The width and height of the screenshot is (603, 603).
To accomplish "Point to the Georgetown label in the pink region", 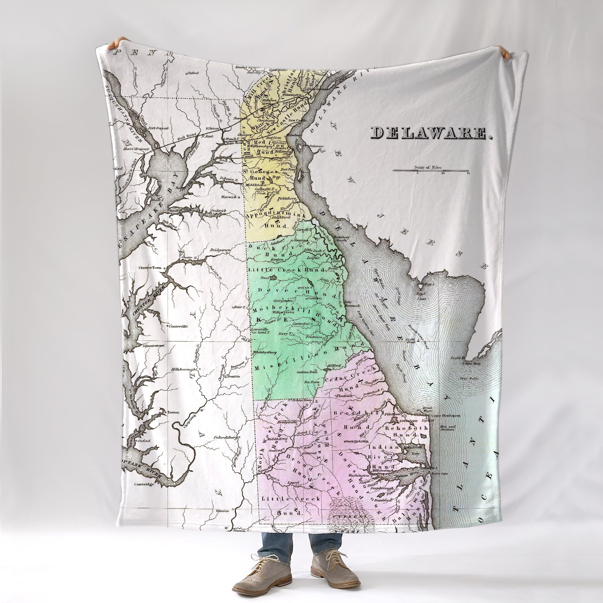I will (357, 441).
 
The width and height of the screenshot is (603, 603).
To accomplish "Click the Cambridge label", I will (144, 484).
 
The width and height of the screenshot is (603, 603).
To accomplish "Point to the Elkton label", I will (212, 129).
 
